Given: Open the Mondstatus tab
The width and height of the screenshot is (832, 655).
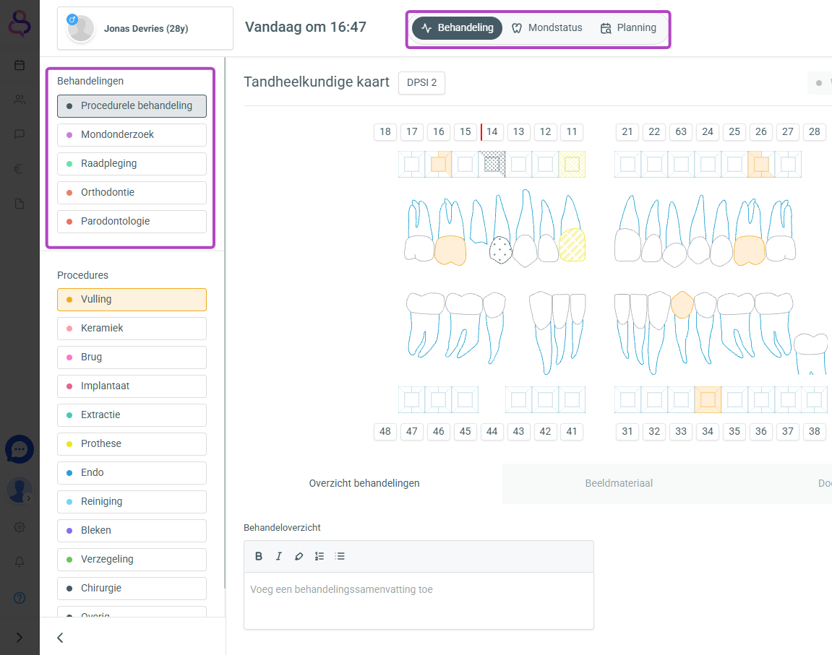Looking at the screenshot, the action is click(x=546, y=28).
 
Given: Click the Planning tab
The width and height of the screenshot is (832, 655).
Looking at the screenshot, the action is click(x=628, y=28).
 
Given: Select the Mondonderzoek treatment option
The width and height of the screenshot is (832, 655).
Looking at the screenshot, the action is click(x=132, y=134).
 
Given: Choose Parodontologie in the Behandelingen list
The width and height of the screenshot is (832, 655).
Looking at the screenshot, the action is click(x=132, y=222).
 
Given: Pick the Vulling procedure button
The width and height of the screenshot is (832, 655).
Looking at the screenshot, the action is click(x=132, y=300).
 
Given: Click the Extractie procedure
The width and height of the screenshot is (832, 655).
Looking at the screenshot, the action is click(x=132, y=415).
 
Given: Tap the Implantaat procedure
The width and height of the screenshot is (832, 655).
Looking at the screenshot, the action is click(x=132, y=386).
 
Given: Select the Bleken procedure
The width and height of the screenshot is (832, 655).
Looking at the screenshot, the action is click(x=132, y=531).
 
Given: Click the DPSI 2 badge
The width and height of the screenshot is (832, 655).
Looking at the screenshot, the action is click(x=422, y=82).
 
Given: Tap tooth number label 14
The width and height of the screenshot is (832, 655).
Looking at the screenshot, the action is click(x=492, y=132).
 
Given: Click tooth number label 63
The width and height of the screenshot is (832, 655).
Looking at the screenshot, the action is click(x=681, y=132).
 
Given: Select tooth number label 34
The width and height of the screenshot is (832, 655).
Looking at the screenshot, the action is click(x=707, y=431).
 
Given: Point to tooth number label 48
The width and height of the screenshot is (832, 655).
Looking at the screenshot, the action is click(x=385, y=431).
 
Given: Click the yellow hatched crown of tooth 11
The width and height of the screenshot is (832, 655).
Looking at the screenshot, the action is click(x=572, y=245).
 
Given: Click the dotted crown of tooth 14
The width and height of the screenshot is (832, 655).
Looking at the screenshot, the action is click(x=500, y=250).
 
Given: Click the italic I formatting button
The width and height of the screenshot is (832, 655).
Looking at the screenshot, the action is click(x=278, y=556).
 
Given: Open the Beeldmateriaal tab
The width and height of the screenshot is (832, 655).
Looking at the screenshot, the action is click(x=619, y=483).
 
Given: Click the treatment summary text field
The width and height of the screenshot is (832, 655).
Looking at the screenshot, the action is click(x=419, y=600).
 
